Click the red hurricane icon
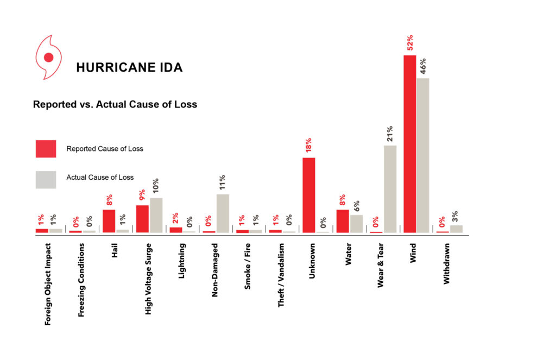pyautogui.click(x=48, y=57)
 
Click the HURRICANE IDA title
pyautogui.click(x=129, y=68)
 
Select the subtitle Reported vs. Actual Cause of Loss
pyautogui.click(x=115, y=104)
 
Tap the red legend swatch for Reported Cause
pyautogui.click(x=46, y=149)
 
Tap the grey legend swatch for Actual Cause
pyautogui.click(x=46, y=180)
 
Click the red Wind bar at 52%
pyautogui.click(x=409, y=144)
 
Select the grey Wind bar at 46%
pyautogui.click(x=422, y=155)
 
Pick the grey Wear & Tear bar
pyautogui.click(x=390, y=189)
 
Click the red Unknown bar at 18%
pyautogui.click(x=309, y=195)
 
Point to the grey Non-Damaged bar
pyautogui.click(x=223, y=213)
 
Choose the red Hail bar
pyautogui.click(x=109, y=221)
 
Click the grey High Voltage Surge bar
pyautogui.click(x=156, y=215)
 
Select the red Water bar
pyautogui.click(x=343, y=221)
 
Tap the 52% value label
pyautogui.click(x=410, y=43)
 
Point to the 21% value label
pyautogui.click(x=390, y=134)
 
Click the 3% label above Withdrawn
pyautogui.click(x=456, y=216)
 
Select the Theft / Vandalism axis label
pyautogui.click(x=281, y=275)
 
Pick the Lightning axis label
pyautogui.click(x=182, y=261)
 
